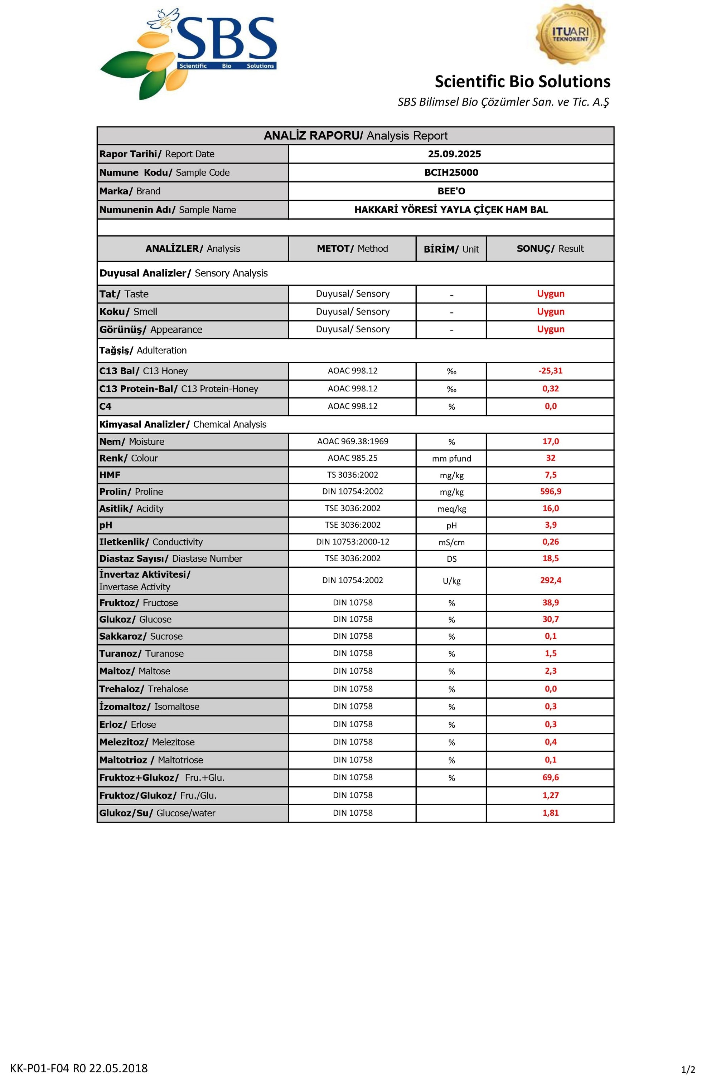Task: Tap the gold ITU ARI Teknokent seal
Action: [x=570, y=34]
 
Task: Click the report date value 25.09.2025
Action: [x=454, y=154]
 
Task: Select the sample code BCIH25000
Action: [x=451, y=173]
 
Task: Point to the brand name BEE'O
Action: [x=451, y=191]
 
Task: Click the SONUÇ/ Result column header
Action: [x=550, y=249]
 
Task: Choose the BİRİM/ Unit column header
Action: [x=451, y=249]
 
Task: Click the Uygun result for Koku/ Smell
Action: [x=550, y=312]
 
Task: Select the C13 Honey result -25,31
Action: [x=550, y=371]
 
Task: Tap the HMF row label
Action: [x=110, y=475]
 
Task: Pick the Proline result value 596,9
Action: [x=550, y=491]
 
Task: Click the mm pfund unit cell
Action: [x=451, y=459]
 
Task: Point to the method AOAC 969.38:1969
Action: [x=353, y=441]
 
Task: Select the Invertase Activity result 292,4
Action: [x=550, y=580]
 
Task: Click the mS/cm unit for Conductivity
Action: [x=451, y=542]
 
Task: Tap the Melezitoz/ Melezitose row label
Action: [x=147, y=742]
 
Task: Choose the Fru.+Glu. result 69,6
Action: [x=550, y=777]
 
